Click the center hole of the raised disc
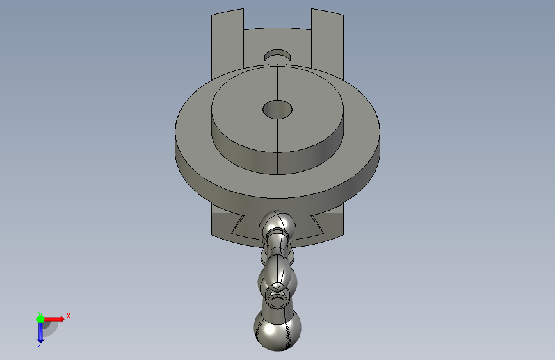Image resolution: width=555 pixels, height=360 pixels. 278,110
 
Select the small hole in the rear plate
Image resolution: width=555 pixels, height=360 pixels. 278,57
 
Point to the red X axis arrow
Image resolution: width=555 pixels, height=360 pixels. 54,319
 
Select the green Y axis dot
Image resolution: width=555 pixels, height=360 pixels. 40,319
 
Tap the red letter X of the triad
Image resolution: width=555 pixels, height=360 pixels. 68,316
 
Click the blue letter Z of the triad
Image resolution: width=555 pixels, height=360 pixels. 40,344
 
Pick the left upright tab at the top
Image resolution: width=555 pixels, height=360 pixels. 227,44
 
